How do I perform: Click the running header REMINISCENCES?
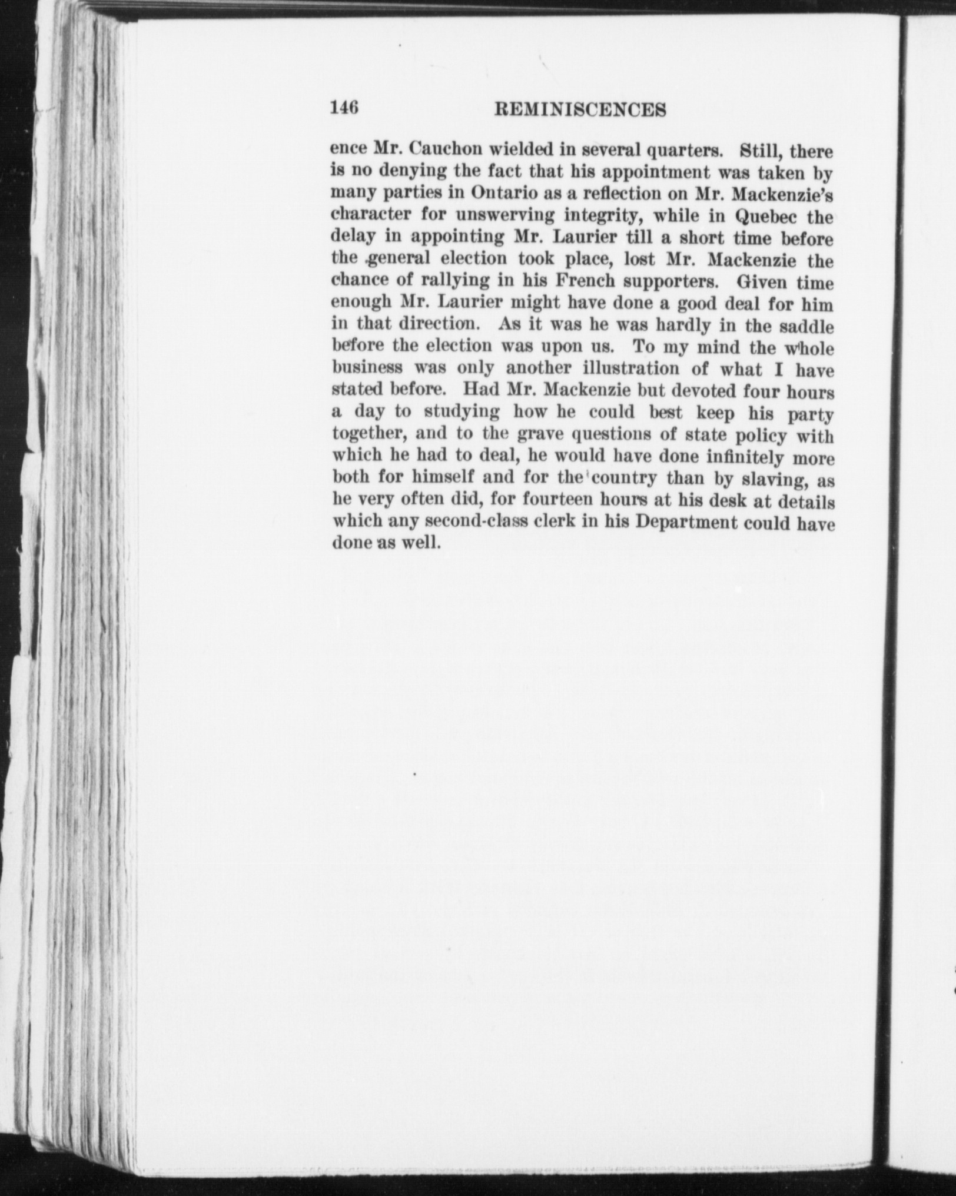(581, 110)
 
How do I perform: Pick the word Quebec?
(767, 216)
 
